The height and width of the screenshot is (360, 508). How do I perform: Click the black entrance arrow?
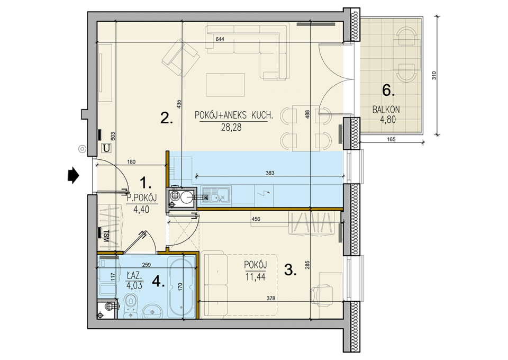[73, 176]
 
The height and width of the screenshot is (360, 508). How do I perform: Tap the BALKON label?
[386, 110]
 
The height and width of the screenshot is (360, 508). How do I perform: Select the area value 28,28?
[231, 128]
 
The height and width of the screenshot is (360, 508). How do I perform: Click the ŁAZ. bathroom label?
[134, 276]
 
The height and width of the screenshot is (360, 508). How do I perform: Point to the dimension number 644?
[220, 39]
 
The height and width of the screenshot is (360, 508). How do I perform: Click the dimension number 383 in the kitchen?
[270, 173]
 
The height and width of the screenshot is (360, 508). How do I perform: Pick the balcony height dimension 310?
[434, 76]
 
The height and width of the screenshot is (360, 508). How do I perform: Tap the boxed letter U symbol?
[106, 148]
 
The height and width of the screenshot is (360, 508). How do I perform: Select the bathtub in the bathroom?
[182, 287]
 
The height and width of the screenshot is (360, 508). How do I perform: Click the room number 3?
[291, 269]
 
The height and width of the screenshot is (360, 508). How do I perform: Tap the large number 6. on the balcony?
[388, 90]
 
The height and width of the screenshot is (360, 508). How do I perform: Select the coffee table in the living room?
[225, 85]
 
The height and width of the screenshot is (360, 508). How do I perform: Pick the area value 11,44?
[255, 277]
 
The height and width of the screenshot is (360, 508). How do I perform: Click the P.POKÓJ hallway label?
[142, 197]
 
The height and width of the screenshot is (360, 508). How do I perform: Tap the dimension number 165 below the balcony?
[391, 139]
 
